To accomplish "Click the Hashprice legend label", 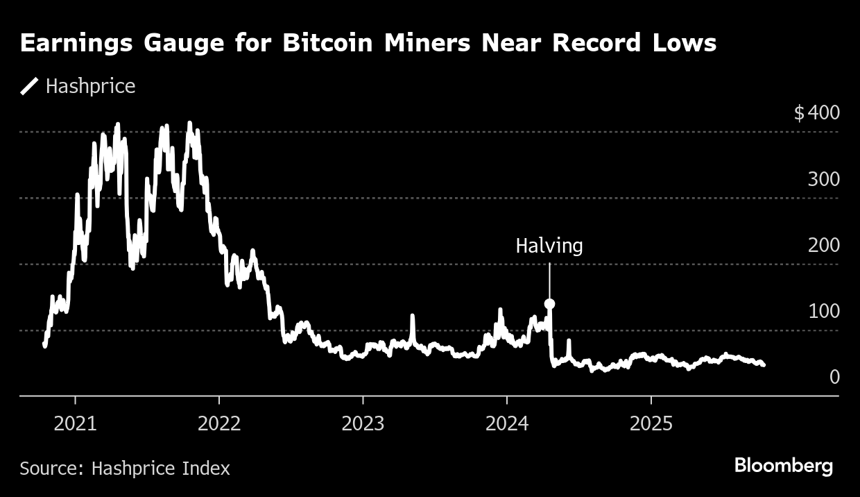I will point(90,87).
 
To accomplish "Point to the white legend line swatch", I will point(30,87).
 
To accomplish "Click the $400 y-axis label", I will point(816,112).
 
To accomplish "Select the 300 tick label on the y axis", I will point(823,179).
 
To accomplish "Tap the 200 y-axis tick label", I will point(823,245).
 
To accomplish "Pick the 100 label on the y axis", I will point(823,311).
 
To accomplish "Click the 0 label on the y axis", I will point(834,377).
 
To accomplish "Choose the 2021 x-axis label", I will point(76,424).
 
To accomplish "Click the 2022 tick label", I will point(219,424).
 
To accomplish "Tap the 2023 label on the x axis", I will point(363,424).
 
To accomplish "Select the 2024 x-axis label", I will point(507,424).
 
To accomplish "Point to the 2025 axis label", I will point(651,424).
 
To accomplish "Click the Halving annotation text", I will point(549,246).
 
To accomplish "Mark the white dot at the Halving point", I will point(549,303).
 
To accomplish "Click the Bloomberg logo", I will point(784,466).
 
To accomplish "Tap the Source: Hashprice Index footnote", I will point(125,469).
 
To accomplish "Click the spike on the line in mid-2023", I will point(412,318).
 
